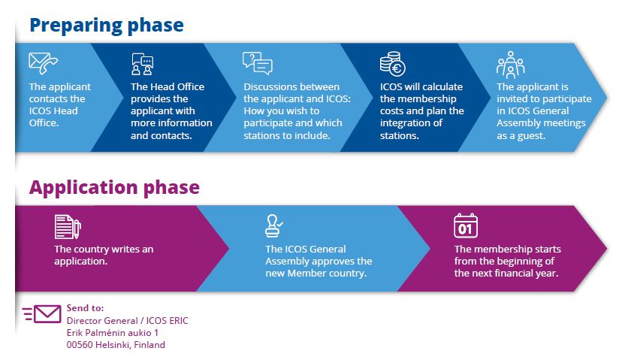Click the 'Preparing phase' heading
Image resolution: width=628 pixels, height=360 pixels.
click(106, 24)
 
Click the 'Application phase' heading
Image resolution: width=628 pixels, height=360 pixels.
click(114, 186)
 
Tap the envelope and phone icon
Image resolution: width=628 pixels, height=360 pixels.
click(43, 63)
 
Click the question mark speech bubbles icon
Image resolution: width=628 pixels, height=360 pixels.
click(256, 63)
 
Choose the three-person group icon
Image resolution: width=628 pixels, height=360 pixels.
click(510, 65)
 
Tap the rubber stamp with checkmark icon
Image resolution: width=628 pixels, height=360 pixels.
click(273, 226)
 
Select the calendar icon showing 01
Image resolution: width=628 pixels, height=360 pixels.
click(466, 225)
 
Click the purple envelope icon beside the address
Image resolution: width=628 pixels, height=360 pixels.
click(42, 314)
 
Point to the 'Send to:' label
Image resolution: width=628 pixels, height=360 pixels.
click(85, 308)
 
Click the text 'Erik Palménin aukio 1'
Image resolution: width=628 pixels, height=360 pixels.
click(113, 332)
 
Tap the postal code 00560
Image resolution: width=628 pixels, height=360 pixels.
click(81, 345)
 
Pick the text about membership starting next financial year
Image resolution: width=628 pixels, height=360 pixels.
click(507, 261)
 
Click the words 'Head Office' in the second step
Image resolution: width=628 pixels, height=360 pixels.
click(180, 87)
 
